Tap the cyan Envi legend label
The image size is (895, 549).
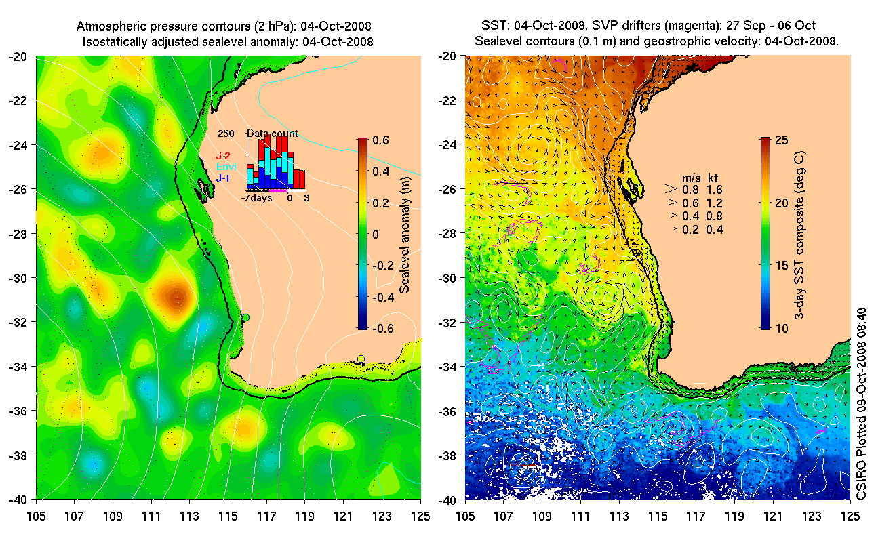[226, 167]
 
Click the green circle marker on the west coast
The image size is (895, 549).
[245, 317]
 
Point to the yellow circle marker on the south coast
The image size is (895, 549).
[361, 359]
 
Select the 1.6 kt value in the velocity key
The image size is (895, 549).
[713, 190]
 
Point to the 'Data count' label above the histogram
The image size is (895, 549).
[273, 134]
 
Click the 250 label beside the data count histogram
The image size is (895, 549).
[226, 134]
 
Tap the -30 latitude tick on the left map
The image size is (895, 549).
[18, 278]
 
